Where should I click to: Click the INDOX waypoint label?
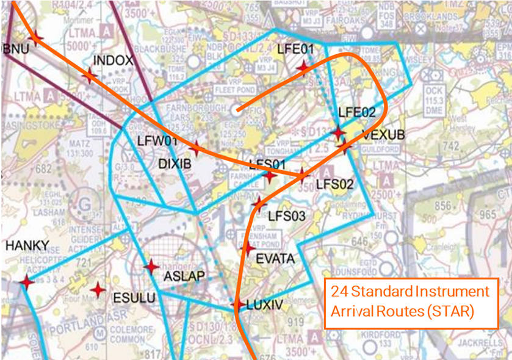(113, 60)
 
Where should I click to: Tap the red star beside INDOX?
(89, 76)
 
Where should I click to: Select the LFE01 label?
(295, 49)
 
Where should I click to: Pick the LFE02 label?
(357, 112)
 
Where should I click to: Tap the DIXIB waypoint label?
(175, 164)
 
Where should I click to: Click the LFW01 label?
(157, 142)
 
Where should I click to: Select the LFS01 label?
(268, 164)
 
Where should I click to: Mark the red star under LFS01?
(269, 176)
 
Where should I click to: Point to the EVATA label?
(275, 259)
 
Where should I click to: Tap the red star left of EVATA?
(247, 248)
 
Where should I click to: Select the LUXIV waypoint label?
(265, 305)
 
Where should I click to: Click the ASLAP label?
(184, 276)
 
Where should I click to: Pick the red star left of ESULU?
(97, 290)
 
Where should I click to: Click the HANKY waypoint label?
(27, 245)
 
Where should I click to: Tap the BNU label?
(16, 49)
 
